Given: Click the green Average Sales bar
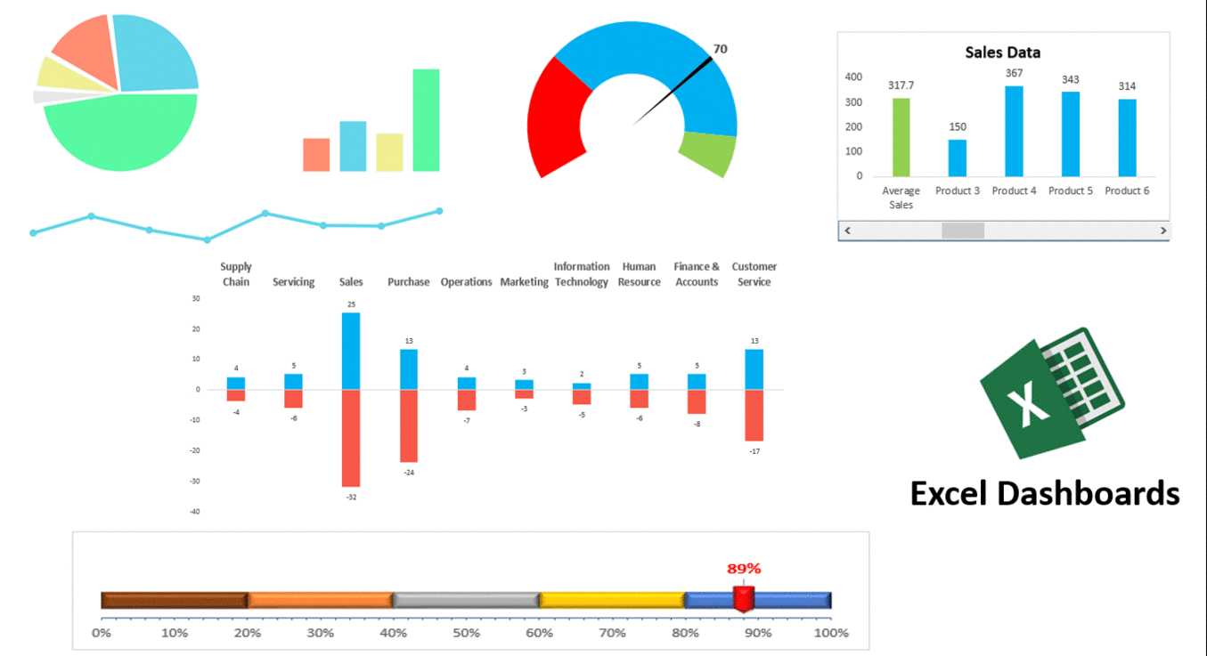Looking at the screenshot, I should (901, 137).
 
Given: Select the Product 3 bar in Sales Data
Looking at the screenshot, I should (957, 158).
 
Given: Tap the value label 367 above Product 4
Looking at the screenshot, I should (1014, 73).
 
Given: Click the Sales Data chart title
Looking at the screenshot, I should (1002, 53).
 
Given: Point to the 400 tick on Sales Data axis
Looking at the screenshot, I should (853, 77).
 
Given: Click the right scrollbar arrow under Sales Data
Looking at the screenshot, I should (1162, 231).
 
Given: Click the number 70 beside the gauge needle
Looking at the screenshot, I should (720, 49).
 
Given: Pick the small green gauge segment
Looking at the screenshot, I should (708, 152).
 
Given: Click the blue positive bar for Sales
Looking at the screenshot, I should (351, 351).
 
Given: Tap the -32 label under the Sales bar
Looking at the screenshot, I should (351, 497).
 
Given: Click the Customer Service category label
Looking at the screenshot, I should (754, 274).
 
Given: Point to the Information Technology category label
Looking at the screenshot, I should (581, 274).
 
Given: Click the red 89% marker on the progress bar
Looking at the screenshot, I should (743, 598).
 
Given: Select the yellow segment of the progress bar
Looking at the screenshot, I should (612, 600).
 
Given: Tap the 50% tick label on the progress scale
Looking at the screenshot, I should (466, 633).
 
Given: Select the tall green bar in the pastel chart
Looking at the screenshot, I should (426, 120).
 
